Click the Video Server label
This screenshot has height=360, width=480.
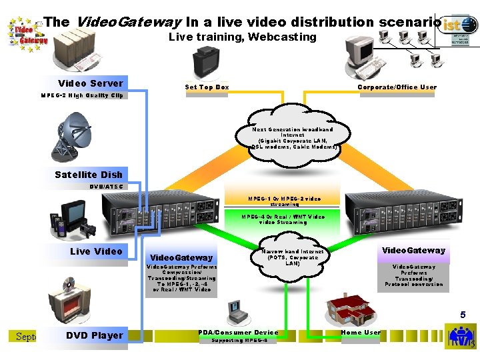(91, 83)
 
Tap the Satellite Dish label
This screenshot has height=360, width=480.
(89, 175)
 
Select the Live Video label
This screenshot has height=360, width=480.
(96, 251)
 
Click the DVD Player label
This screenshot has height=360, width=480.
(95, 335)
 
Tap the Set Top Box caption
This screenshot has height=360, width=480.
(207, 87)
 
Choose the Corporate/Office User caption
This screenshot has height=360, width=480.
(397, 87)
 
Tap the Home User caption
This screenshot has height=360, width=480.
(361, 331)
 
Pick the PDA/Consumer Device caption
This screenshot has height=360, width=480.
(238, 332)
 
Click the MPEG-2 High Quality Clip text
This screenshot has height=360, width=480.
(82, 95)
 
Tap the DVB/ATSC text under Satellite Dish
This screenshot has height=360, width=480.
(106, 186)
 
